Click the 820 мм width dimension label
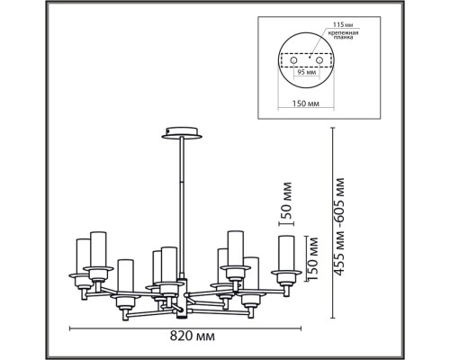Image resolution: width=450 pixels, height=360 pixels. (193, 336)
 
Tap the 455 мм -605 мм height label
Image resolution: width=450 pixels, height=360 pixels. (339, 227)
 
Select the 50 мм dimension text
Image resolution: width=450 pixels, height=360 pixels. (285, 200)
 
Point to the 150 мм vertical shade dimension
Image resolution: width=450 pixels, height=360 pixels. (312, 258)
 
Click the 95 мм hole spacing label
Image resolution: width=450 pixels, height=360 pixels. (306, 72)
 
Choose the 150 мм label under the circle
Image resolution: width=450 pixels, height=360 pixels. (306, 103)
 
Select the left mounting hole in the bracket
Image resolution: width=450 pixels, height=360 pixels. (293, 61)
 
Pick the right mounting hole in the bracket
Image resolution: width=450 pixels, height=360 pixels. (319, 61)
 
